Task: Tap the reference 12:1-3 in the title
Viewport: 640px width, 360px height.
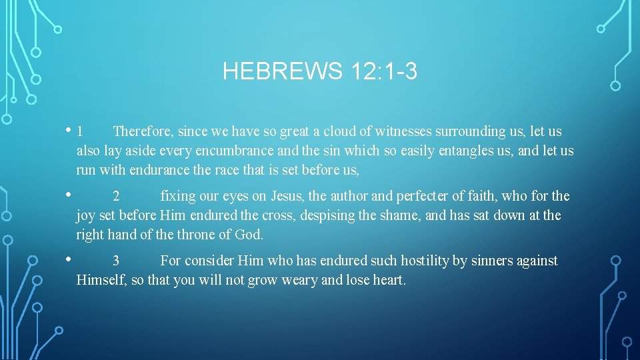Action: coord(382,71)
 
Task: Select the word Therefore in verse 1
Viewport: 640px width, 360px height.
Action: coord(141,131)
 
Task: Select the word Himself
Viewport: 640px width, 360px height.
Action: coord(101,280)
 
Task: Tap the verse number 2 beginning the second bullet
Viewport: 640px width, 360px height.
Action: coord(116,197)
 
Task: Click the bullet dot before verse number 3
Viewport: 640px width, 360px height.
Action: coord(69,259)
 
